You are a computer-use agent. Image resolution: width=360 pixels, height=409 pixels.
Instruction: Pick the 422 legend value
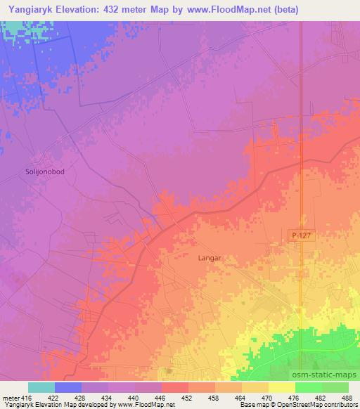(x=55, y=398)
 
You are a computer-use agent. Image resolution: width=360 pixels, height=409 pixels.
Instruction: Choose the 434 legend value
(x=108, y=398)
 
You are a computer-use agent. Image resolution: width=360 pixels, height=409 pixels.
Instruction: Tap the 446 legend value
(x=162, y=398)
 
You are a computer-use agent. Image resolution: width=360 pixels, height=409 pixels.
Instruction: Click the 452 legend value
(x=188, y=398)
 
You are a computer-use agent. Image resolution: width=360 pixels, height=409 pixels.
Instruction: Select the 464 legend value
(x=242, y=398)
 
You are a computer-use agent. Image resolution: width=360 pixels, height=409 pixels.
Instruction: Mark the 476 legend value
(x=295, y=398)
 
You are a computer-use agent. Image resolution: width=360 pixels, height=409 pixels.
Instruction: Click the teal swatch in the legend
(x=41, y=387)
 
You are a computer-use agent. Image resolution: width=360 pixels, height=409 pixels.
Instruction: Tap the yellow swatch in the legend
(x=282, y=387)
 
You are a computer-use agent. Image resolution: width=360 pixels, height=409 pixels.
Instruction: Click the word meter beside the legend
(x=10, y=398)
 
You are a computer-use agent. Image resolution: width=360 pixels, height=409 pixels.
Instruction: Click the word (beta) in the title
(x=285, y=10)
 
